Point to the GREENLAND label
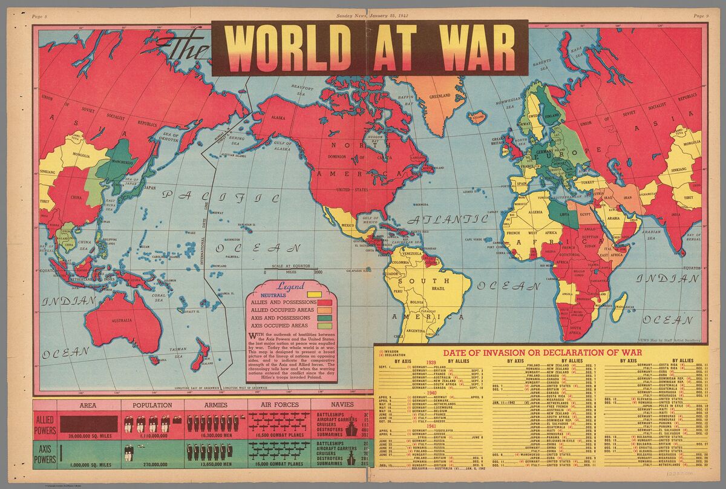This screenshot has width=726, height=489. [x=439, y=96]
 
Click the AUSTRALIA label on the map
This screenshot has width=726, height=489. [x=120, y=320]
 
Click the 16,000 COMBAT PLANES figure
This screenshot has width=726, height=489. [x=280, y=481]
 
